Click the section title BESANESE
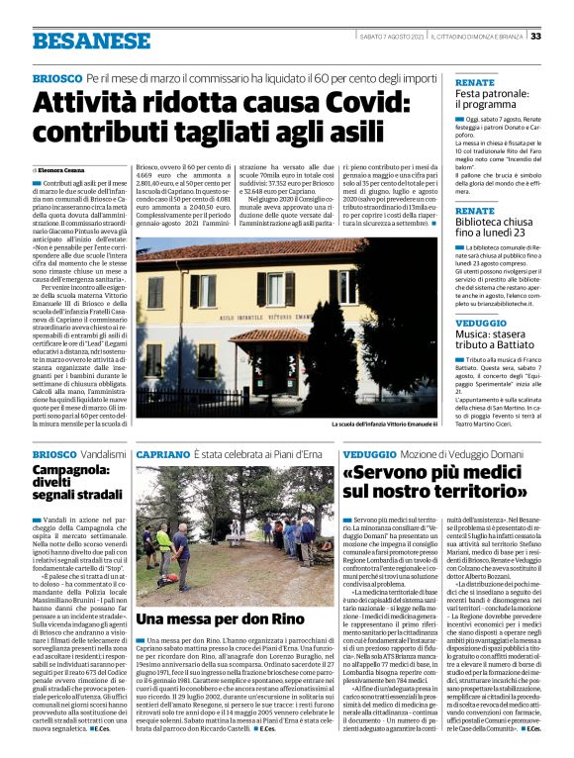[78, 41]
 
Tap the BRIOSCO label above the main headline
[55, 77]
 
